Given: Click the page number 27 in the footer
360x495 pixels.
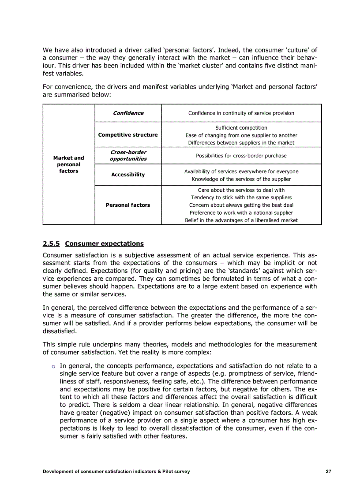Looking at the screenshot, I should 328,471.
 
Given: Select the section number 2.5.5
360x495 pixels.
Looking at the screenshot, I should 52,244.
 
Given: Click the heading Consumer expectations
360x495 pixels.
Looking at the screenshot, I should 104,244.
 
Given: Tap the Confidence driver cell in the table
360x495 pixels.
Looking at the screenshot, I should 128,113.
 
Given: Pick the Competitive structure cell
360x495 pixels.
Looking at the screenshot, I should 128,135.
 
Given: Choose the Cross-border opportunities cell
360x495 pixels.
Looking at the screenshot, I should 128,156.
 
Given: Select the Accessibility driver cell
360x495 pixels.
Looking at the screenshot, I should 128,175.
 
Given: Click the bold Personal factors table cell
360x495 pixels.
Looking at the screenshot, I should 128,205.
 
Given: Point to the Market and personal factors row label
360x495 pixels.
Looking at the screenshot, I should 68,164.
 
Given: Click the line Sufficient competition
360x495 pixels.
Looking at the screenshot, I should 241,128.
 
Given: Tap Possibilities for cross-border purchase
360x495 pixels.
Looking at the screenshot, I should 241,156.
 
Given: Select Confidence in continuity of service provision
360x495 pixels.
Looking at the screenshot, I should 241,113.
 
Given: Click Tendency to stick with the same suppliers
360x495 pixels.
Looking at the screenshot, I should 241,197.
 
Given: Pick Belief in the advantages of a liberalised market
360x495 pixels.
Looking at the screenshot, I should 241,220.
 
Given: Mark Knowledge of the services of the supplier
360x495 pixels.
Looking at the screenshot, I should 241,179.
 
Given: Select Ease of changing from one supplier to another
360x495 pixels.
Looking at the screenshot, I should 241,135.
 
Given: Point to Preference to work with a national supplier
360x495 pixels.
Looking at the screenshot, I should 241,212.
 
